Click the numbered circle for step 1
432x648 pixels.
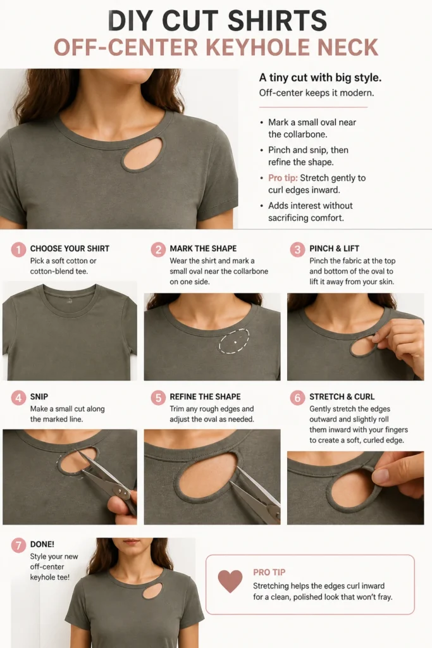pos(18,249)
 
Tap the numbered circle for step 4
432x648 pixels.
pos(18,397)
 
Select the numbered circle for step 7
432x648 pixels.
pos(18,545)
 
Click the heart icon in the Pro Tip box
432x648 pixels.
pos(230,581)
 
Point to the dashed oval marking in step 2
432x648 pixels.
pos(234,341)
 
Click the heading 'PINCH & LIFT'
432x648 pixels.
pos(334,248)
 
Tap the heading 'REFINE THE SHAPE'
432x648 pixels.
pos(206,397)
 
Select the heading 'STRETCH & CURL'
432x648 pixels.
pos(342,397)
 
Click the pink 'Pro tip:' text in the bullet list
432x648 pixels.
pos(283,178)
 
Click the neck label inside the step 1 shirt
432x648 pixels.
pos(70,301)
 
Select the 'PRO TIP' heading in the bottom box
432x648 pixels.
pos(269,572)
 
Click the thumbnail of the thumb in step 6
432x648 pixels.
pos(381,476)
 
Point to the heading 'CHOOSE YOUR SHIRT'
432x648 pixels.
pos(70,248)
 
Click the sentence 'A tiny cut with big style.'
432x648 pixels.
pos(320,77)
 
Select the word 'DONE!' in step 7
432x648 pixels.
pos(42,544)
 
